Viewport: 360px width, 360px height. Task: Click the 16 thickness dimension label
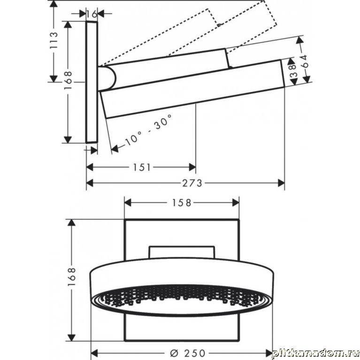tap(92, 14)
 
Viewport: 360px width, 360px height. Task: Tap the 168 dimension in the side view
tap(69, 80)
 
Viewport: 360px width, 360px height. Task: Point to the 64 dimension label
tap(304, 61)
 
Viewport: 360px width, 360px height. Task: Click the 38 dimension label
tap(293, 71)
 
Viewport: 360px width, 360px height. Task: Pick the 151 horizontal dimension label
tap(142, 168)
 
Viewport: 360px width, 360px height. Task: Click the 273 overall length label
tap(192, 183)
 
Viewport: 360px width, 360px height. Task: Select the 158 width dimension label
tap(181, 203)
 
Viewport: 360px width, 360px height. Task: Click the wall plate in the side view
tap(92, 82)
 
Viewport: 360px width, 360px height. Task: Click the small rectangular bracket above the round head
tap(182, 253)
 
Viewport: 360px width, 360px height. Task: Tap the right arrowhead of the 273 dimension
tap(281, 183)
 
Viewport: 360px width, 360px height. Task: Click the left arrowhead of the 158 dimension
tap(128, 203)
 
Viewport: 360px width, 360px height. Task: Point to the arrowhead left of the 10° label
tap(115, 148)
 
